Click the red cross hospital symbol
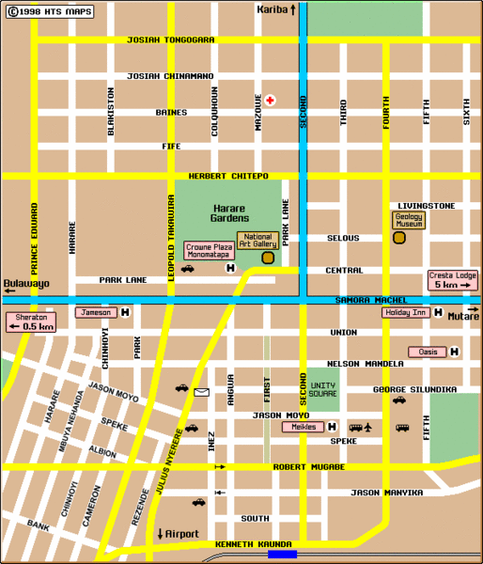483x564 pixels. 270,100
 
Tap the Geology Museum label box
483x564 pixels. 408,220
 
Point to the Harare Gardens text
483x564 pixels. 229,212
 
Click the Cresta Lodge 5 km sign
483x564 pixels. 453,280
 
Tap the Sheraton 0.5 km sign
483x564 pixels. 30,321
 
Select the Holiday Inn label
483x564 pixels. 406,313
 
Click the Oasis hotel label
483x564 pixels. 427,352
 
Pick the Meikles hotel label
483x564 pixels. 301,427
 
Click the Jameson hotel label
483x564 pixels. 95,313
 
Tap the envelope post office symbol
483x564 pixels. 201,391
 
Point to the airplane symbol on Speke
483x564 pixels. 369,428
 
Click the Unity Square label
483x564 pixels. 323,388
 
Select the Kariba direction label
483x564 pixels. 276,9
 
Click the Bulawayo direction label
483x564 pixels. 25,283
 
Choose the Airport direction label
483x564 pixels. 178,533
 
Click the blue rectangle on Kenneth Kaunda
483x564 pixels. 282,555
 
